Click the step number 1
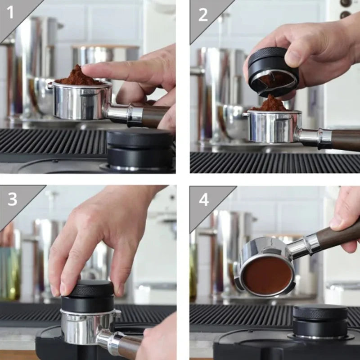[10, 12]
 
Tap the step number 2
[203, 15]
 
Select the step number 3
[12, 199]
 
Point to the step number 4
[204, 199]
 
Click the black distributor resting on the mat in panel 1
[139, 149]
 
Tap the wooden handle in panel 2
[346, 140]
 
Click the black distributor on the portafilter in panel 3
[88, 296]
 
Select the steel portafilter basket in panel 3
[88, 326]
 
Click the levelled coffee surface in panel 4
[268, 275]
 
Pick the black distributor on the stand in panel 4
[320, 321]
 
